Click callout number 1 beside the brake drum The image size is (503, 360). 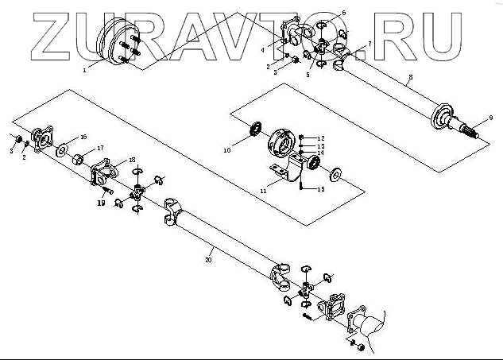(x=85, y=70)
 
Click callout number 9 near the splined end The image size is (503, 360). (x=490, y=118)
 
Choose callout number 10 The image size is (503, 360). (x=226, y=149)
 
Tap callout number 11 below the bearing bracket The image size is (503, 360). (x=263, y=191)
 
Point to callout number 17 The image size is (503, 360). (x=100, y=149)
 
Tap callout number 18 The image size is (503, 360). (x=132, y=160)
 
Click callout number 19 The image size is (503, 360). (x=102, y=203)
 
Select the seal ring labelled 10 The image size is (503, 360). (x=257, y=127)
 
